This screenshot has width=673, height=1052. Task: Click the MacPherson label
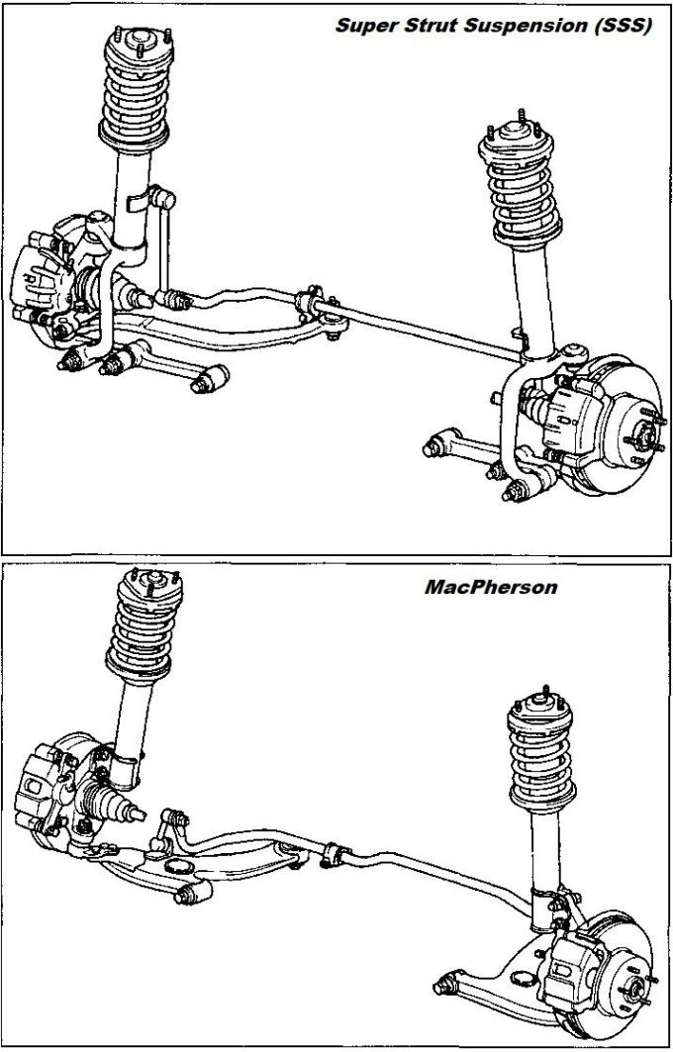click(491, 586)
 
